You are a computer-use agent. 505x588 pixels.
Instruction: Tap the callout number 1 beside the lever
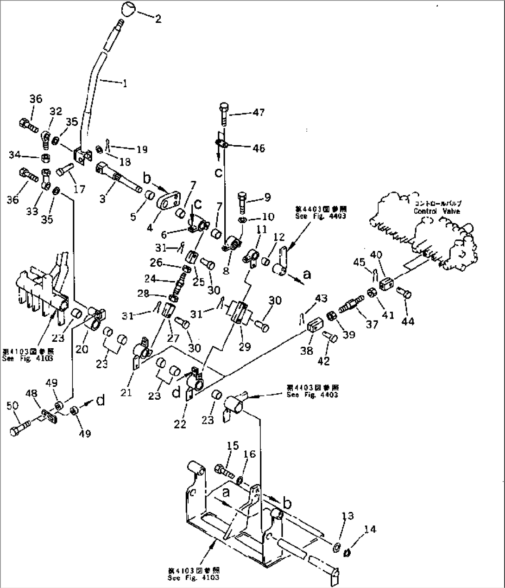[125, 84]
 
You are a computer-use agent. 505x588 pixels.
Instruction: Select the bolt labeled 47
[224, 113]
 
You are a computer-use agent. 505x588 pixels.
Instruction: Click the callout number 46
[259, 148]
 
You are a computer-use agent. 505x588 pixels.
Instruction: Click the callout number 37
[372, 325]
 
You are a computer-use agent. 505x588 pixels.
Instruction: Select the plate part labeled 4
[165, 203]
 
